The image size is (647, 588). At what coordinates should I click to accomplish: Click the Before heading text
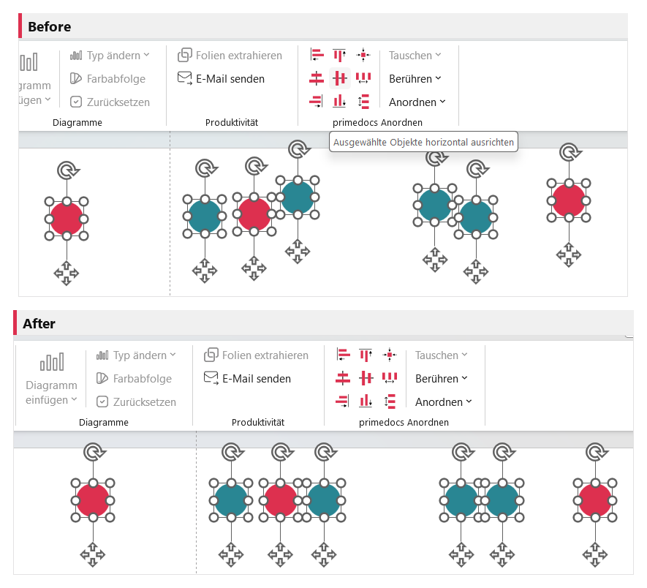coord(50,27)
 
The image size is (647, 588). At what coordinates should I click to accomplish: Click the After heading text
coord(39,324)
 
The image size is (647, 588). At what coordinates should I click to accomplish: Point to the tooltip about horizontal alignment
coord(423,142)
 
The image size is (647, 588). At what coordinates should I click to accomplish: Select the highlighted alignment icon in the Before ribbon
coord(340,78)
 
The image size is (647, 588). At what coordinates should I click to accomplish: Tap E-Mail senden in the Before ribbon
coord(222,78)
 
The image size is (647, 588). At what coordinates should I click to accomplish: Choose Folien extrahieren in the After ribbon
coord(257,355)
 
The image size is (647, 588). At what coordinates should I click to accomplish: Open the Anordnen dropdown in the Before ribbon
coord(417,102)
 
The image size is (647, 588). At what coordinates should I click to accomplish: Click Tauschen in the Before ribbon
coord(415,56)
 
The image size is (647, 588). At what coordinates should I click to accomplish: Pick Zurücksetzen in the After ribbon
coord(136,402)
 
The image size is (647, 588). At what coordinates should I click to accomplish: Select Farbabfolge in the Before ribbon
coord(107,78)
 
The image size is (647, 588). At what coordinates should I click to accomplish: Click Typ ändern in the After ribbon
coord(136,355)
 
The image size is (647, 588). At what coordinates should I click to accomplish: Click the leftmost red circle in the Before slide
coord(67,219)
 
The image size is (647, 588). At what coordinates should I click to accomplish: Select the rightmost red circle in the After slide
coord(595,500)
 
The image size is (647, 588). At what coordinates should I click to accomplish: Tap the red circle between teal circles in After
coord(280,500)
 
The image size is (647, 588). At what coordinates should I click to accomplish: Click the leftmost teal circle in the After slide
coord(231,500)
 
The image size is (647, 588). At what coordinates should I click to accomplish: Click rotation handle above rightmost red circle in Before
coord(570,152)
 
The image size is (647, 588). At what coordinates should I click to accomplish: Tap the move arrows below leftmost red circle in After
coord(93,554)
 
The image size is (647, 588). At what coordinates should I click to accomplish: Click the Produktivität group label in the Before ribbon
coord(232,123)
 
